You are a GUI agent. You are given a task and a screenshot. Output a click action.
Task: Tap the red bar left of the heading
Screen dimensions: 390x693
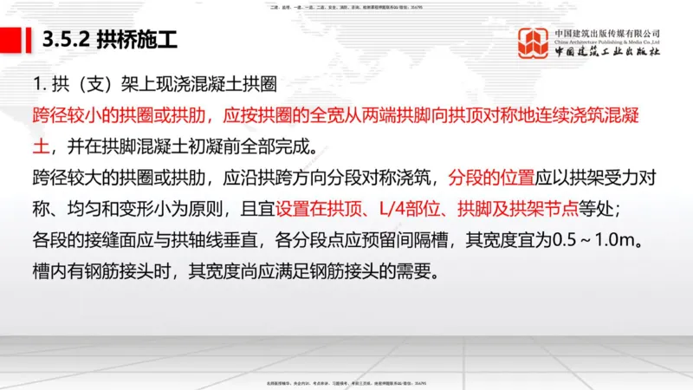[x=11, y=40]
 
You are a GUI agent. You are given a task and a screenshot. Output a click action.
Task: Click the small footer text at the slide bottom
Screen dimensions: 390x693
[x=346, y=382]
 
